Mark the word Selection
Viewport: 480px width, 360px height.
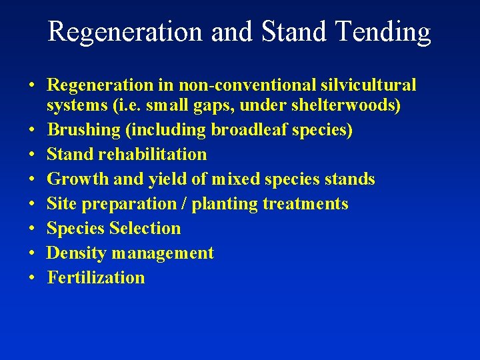pyautogui.click(x=145, y=229)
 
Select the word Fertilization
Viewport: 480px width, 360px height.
pyautogui.click(x=96, y=278)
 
